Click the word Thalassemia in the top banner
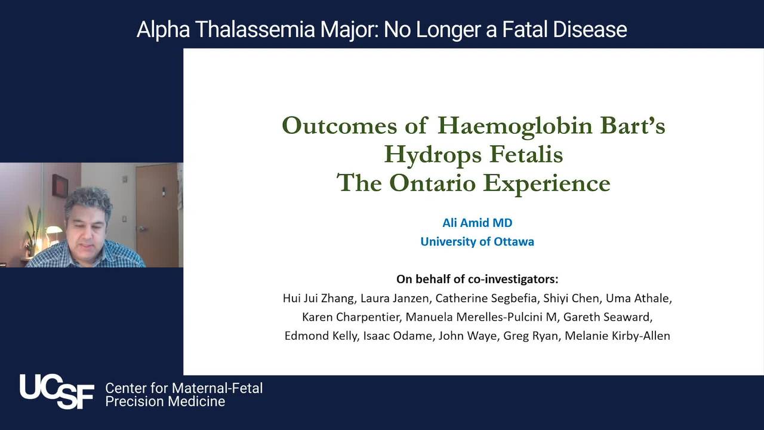pyautogui.click(x=255, y=29)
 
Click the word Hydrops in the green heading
pyautogui.click(x=433, y=155)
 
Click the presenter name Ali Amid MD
pyautogui.click(x=477, y=223)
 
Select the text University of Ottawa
pyautogui.click(x=477, y=242)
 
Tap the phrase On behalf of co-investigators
pyautogui.click(x=477, y=279)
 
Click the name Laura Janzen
pyautogui.click(x=395, y=299)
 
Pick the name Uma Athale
pyautogui.click(x=638, y=299)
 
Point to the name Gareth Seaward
pyautogui.click(x=607, y=317)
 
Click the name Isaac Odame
pyautogui.click(x=398, y=336)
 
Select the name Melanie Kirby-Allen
pyautogui.click(x=617, y=336)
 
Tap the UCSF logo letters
pyautogui.click(x=57, y=391)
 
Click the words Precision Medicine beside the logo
pyautogui.click(x=165, y=402)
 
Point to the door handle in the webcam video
pyautogui.click(x=141, y=228)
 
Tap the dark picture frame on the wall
pyautogui.click(x=60, y=185)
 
